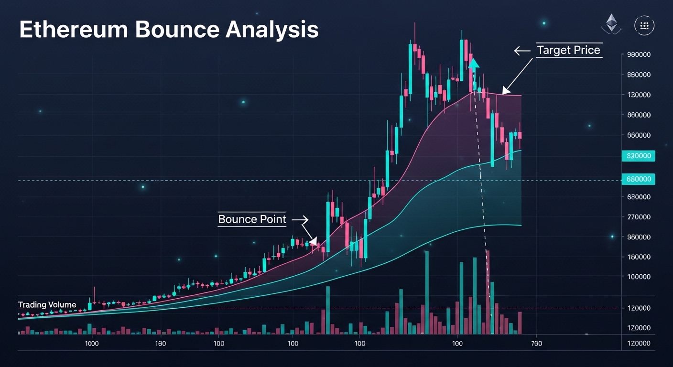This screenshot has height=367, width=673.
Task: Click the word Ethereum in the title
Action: [73, 30]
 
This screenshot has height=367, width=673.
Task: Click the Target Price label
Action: [568, 50]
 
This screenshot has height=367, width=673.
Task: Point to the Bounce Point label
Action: [252, 219]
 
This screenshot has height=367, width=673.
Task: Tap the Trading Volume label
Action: [47, 305]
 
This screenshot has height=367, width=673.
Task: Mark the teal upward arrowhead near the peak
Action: [473, 64]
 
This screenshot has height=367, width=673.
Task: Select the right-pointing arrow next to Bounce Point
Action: [300, 220]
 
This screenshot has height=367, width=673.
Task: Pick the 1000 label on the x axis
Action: [92, 344]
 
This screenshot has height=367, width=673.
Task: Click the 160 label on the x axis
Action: [160, 344]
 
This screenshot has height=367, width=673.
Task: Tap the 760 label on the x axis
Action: [536, 344]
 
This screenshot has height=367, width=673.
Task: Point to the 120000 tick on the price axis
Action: [638, 95]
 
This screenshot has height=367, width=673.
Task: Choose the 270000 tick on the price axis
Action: [638, 217]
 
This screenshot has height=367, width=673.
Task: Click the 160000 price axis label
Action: [638, 257]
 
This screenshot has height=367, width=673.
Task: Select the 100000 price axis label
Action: [638, 277]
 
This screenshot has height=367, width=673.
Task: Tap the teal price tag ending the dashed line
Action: [638, 179]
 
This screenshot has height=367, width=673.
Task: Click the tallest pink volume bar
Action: [488, 291]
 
